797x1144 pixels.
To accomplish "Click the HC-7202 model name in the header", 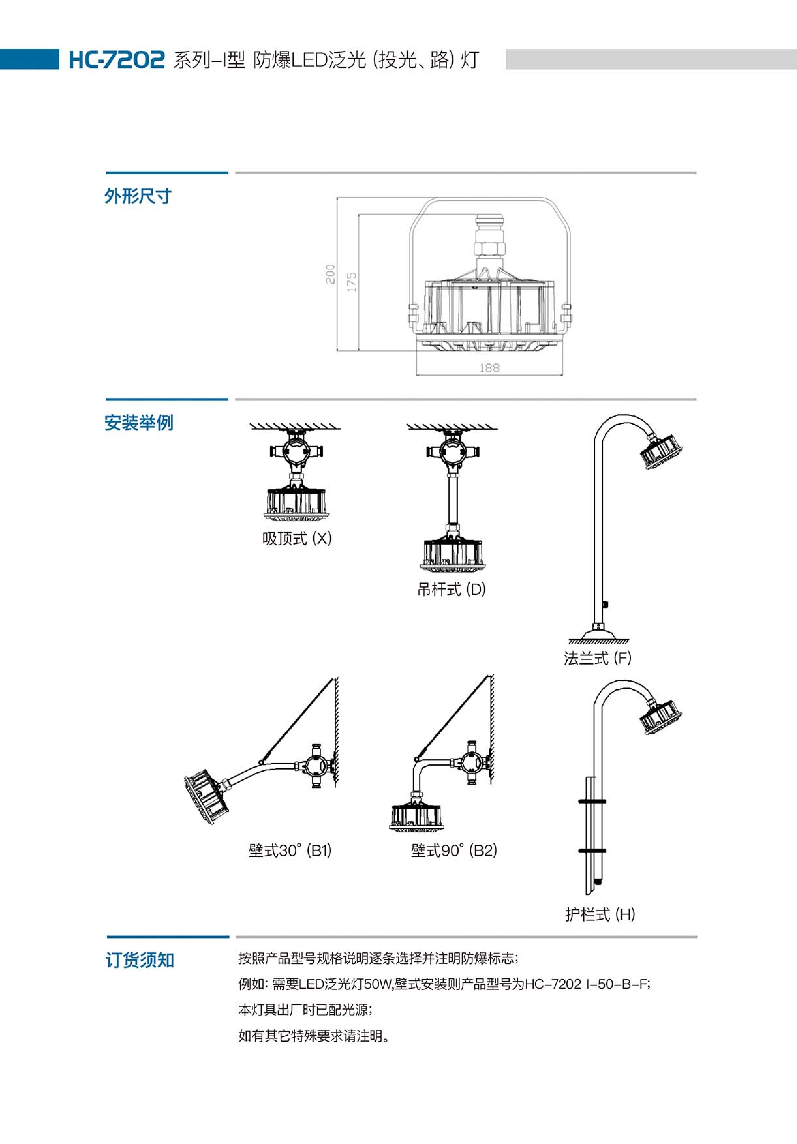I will pos(116,60).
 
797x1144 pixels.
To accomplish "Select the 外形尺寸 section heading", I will pos(138,196).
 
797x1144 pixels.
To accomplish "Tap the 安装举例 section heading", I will pos(138,423).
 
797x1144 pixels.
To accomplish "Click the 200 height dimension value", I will pos(330,274).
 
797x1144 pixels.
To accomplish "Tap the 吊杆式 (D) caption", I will pos(451,589).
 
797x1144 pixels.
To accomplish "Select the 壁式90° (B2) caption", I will pos(454,850).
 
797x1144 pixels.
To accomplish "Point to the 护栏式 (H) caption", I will pos(600,914).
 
